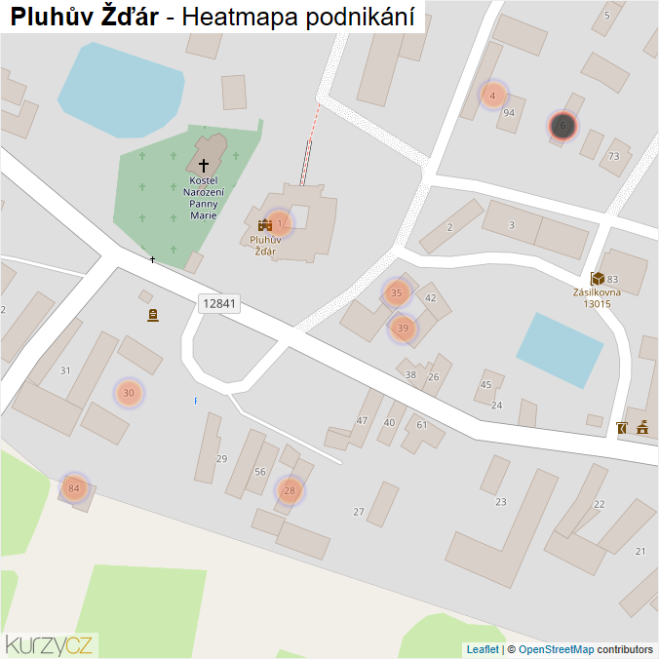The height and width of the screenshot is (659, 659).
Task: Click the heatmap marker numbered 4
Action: point(493,96)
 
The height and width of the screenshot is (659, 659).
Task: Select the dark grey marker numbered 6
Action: point(562,125)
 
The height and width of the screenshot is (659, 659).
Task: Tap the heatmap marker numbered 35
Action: point(396,292)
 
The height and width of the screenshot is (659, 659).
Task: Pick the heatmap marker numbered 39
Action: point(403,329)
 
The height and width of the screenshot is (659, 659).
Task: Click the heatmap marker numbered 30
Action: point(129,393)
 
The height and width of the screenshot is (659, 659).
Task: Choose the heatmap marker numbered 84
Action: point(74,487)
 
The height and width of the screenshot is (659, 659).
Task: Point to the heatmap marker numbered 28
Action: point(290,490)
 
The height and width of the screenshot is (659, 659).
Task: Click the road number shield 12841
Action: point(218,303)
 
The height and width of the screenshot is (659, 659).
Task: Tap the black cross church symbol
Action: point(204,166)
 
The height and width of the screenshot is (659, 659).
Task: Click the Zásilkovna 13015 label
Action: point(598,297)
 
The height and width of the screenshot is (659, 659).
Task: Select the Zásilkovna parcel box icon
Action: point(597,279)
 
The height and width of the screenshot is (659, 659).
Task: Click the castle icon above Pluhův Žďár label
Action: point(263,225)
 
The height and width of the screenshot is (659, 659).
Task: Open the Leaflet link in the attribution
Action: point(483,649)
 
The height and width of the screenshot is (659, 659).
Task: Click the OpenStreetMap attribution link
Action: point(556,649)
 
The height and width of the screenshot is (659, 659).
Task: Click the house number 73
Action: point(613,156)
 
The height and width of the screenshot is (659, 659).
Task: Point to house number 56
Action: point(259,472)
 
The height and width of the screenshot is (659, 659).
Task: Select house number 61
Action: point(422,424)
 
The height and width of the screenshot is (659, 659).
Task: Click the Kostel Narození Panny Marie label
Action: point(204,198)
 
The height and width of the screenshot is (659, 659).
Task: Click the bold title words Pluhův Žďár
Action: point(84,17)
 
